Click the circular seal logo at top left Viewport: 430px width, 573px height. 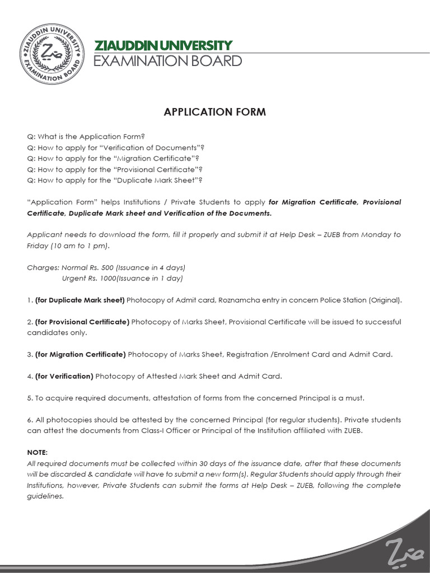(x=49, y=53)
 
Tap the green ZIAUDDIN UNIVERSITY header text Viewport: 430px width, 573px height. (x=163, y=45)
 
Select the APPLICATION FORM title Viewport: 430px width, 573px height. (x=214, y=112)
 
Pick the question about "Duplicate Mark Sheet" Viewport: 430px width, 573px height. (x=114, y=180)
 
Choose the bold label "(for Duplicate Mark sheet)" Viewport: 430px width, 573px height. (x=80, y=300)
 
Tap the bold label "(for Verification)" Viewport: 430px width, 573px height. (x=64, y=376)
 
